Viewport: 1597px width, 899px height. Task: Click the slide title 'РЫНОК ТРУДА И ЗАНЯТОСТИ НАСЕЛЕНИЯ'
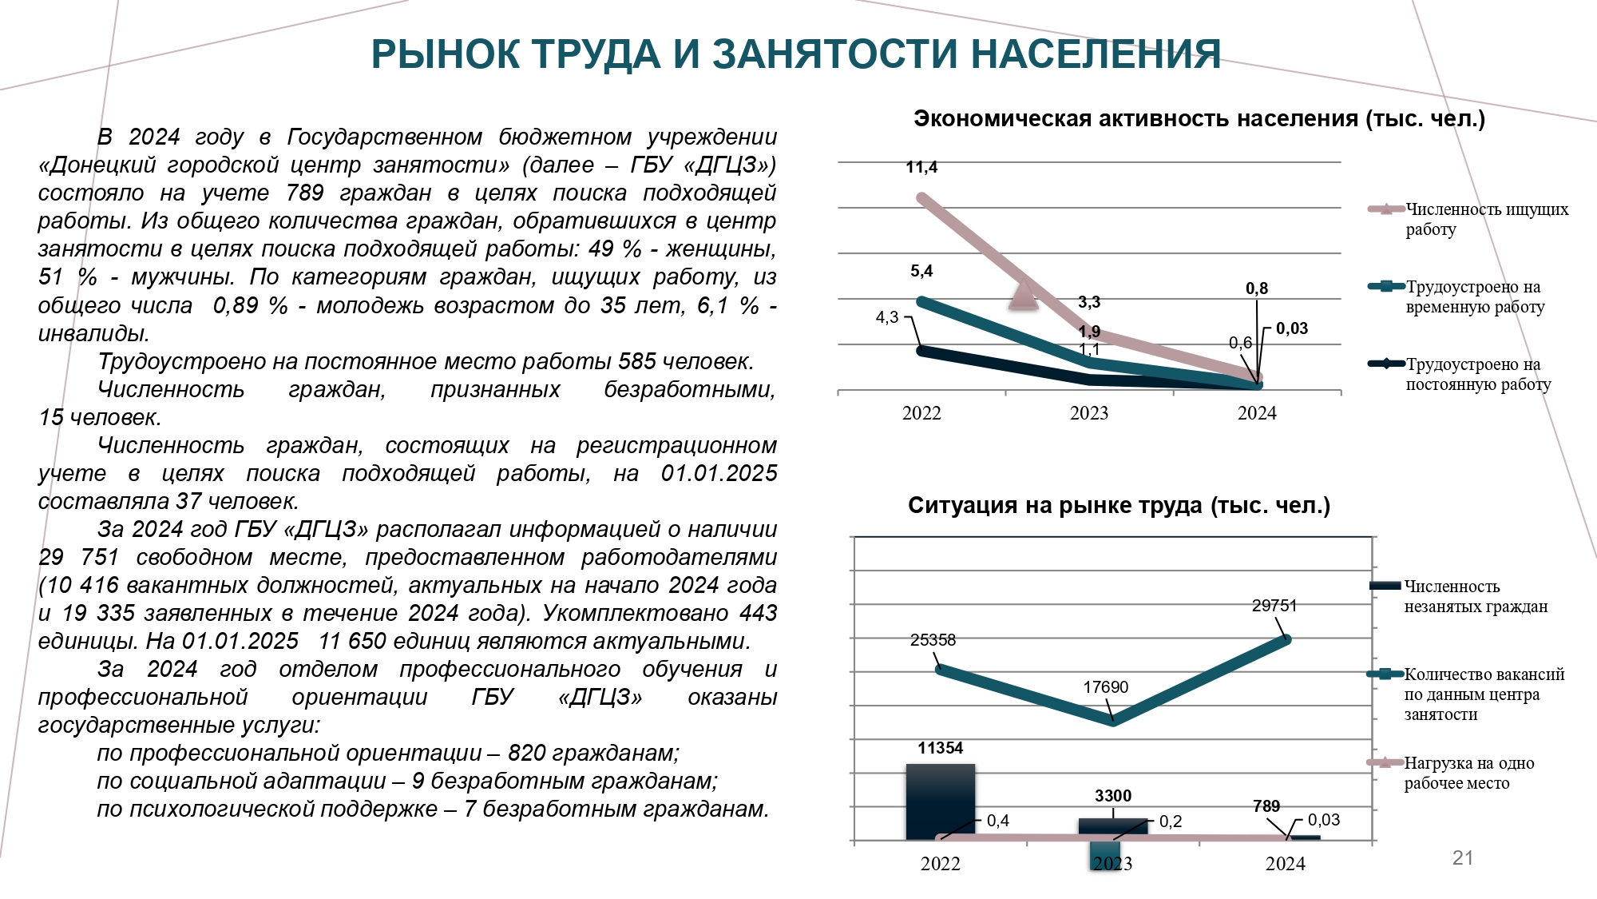point(796,54)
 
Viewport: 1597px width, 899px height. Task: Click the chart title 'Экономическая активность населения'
point(1135,119)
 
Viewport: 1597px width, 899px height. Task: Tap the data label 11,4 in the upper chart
point(921,167)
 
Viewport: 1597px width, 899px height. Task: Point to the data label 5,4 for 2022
point(921,271)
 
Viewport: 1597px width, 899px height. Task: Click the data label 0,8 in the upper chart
point(1257,288)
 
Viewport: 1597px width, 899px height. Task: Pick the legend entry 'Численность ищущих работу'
point(1469,219)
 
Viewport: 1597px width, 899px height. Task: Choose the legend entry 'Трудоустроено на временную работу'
point(1457,296)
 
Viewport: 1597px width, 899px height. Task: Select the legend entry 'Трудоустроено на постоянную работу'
point(1460,374)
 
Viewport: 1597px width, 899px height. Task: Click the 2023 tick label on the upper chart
point(1089,413)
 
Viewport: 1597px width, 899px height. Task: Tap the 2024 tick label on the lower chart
point(1286,864)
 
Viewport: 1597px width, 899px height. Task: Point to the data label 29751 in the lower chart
point(1274,606)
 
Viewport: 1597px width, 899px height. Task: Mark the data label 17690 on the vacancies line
point(1106,687)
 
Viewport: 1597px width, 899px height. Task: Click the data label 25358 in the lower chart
point(933,640)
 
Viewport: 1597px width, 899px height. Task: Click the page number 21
point(1463,858)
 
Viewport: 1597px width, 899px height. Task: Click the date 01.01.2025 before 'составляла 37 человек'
point(719,473)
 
